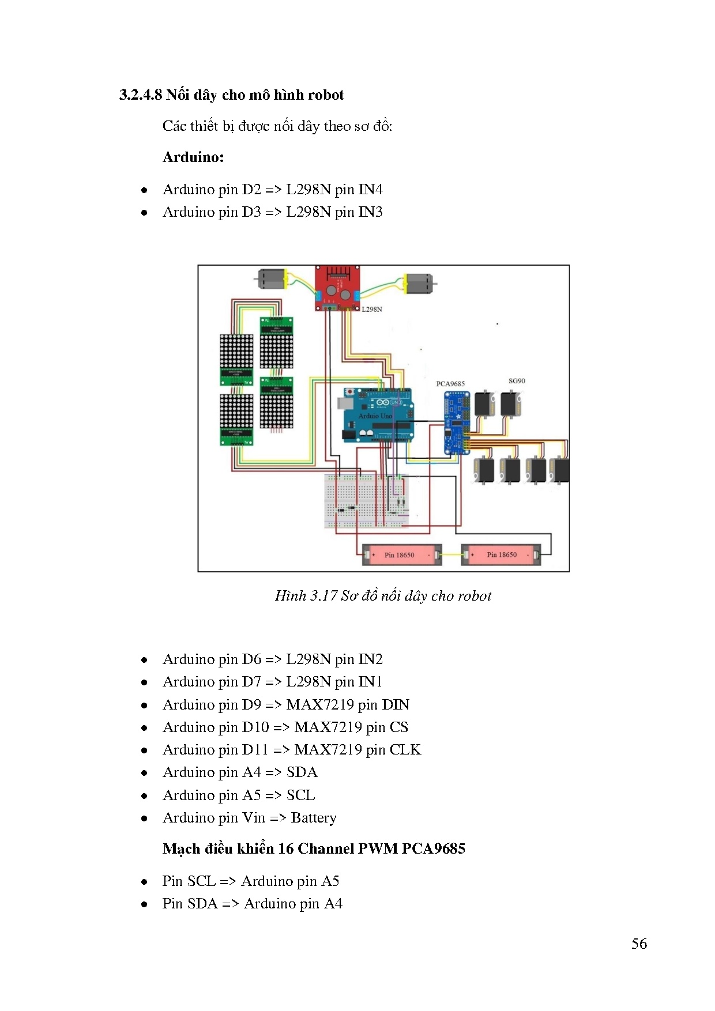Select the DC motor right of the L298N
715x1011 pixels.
click(x=419, y=283)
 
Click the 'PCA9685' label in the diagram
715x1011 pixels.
click(x=450, y=384)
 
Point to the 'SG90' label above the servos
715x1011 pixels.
click(x=517, y=381)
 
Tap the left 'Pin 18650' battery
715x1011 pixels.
click(x=400, y=554)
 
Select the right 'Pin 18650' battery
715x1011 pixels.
click(x=501, y=554)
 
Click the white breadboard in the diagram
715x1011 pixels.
click(x=367, y=500)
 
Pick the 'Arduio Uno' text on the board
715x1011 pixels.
click(x=375, y=416)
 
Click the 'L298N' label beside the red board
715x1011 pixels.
click(x=372, y=310)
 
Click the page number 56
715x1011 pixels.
click(x=639, y=944)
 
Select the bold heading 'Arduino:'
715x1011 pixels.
click(x=193, y=157)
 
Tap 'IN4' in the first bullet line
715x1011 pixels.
click(x=370, y=190)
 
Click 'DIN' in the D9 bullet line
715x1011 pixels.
click(x=396, y=705)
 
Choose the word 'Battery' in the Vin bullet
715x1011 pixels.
click(x=314, y=818)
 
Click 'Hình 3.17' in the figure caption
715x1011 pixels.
click(x=306, y=596)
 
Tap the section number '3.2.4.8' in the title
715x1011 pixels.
click(x=141, y=95)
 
